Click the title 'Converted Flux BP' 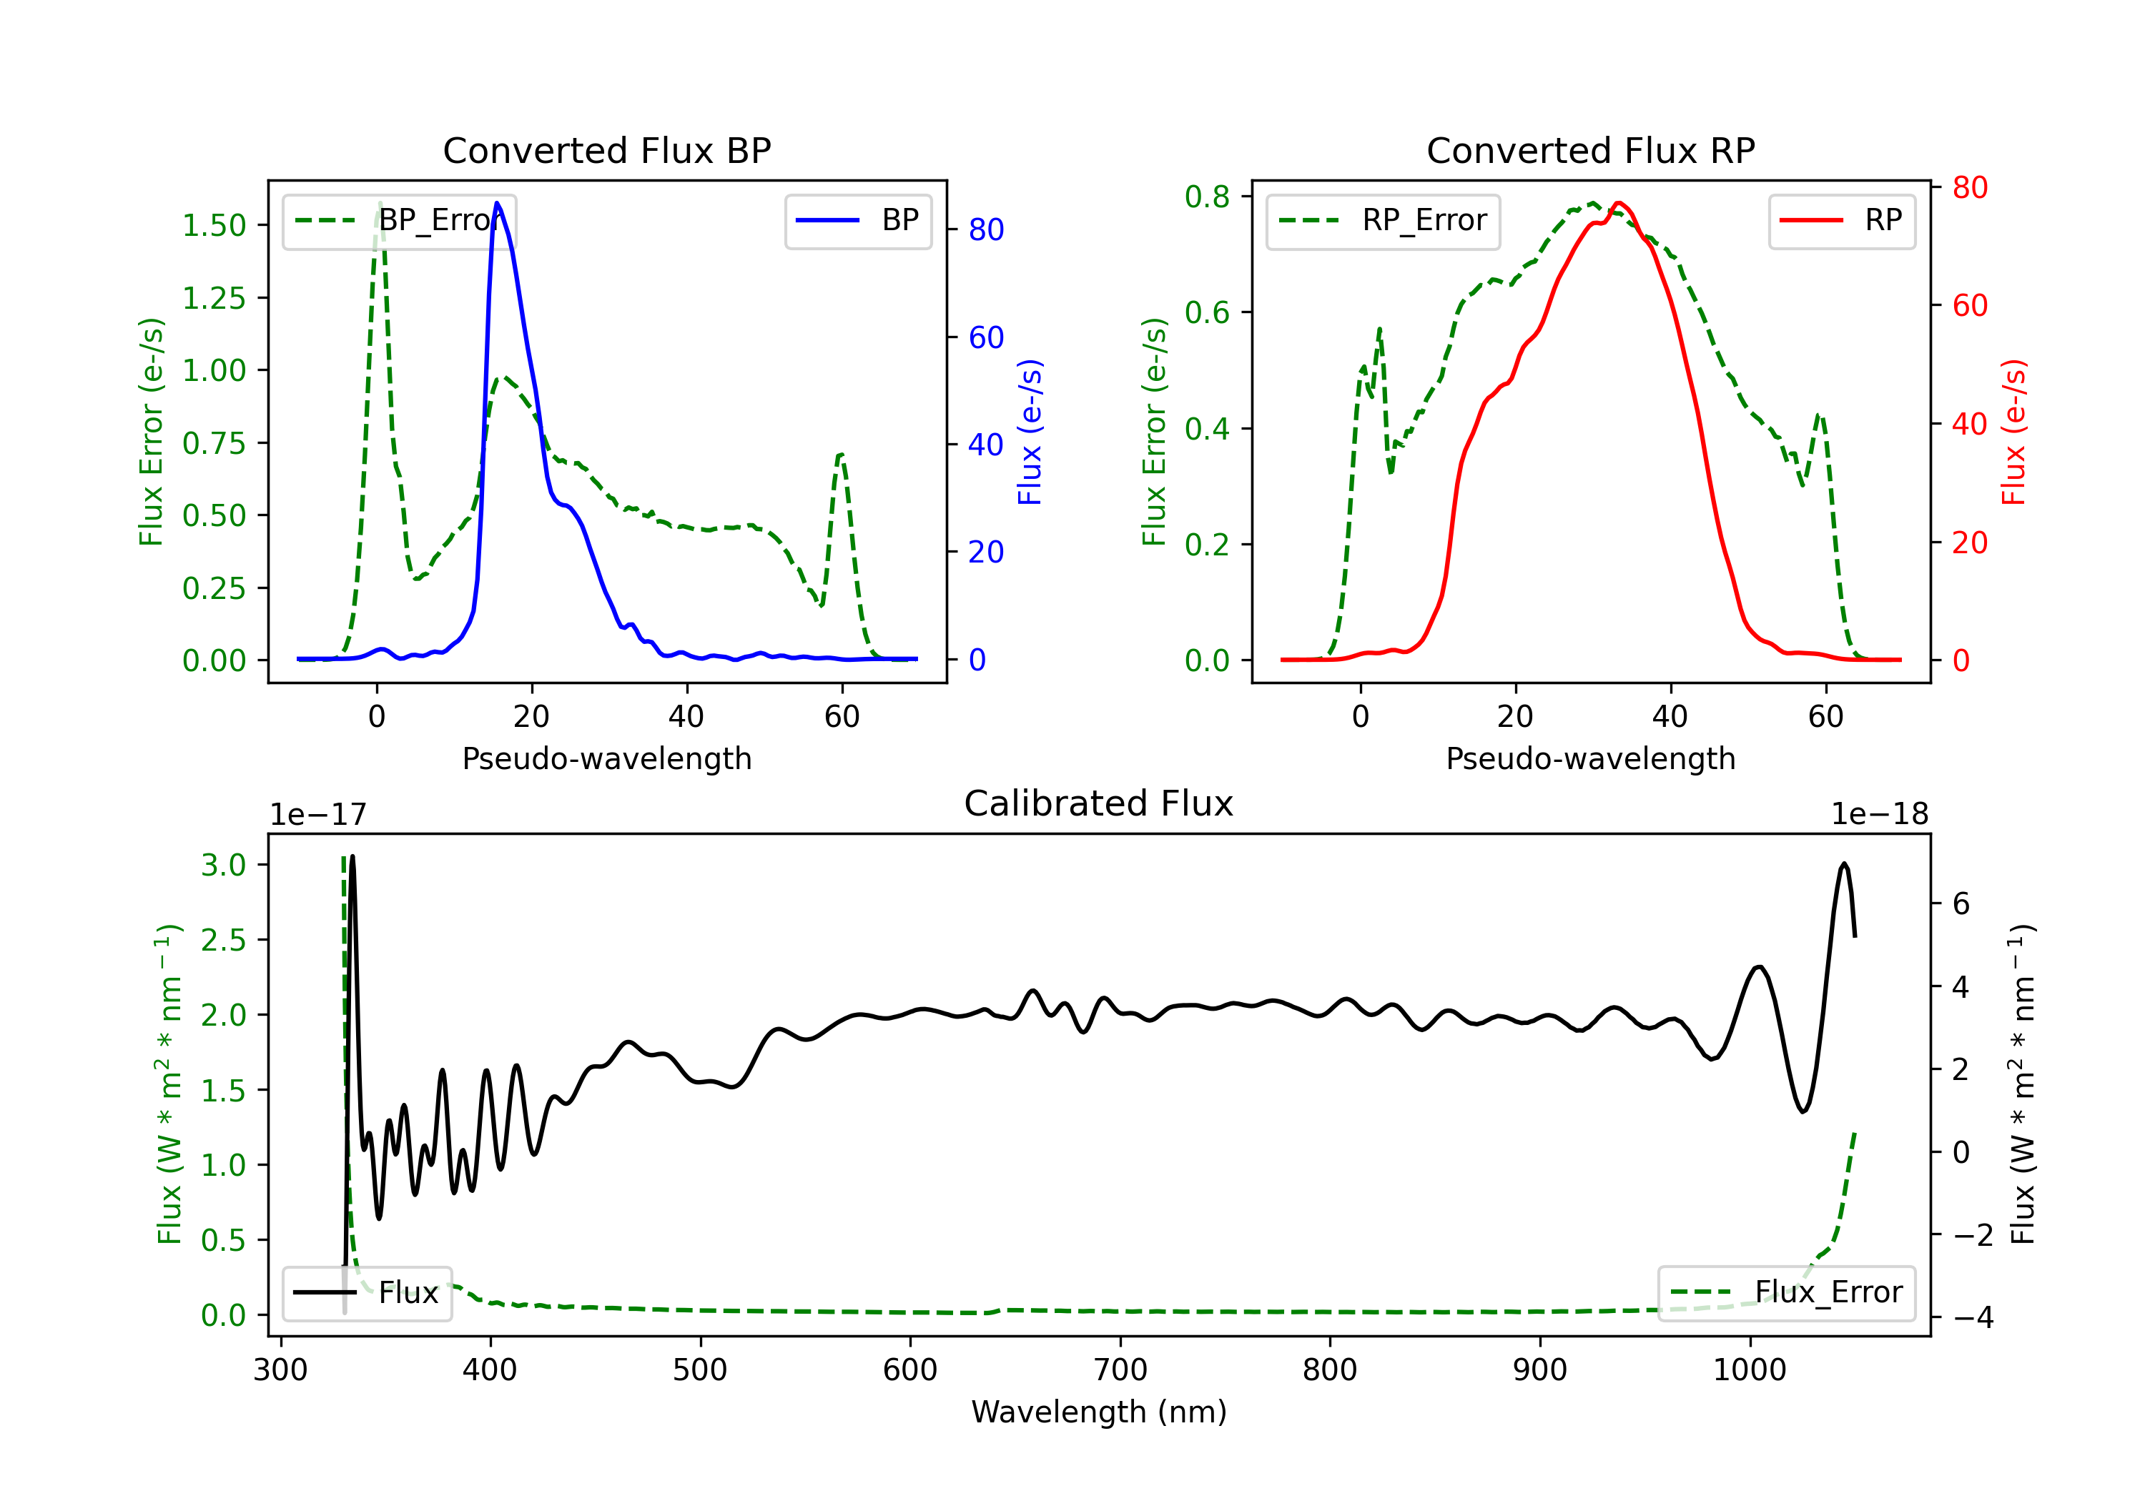pos(606,150)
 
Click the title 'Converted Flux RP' pos(1590,150)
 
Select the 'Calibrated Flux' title pos(1099,803)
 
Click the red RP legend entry pos(1841,220)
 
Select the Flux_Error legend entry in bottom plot pos(1786,1293)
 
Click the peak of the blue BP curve pos(497,203)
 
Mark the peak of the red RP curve pos(1618,203)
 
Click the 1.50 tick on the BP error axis pos(214,225)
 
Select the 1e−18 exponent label pos(1880,815)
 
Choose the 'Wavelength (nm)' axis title pos(1099,1412)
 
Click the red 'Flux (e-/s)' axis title pos(2013,432)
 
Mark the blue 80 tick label pos(985,229)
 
